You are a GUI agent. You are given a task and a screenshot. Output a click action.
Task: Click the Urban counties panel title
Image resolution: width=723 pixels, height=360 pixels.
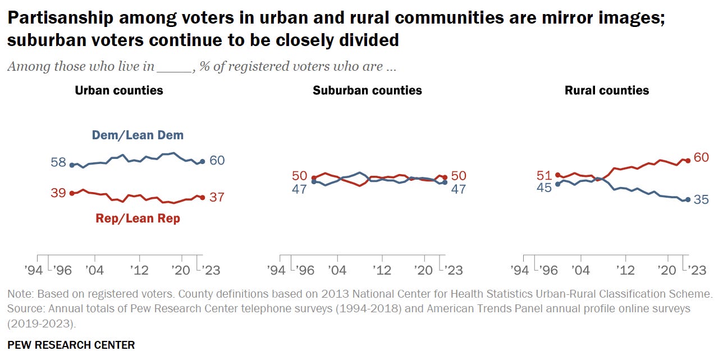coord(119,90)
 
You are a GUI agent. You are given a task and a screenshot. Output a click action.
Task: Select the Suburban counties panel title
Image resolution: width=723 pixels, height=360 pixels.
coord(367,90)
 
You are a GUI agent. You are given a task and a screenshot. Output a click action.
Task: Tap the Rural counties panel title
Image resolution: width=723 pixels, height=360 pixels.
coord(606,90)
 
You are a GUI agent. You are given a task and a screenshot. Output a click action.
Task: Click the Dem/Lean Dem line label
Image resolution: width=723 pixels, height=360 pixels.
coord(138,135)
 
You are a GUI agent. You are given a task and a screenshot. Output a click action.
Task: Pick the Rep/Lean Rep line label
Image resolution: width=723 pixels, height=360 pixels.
coord(138,218)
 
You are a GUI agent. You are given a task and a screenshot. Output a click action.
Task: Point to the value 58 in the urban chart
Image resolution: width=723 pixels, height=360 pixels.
coord(58,163)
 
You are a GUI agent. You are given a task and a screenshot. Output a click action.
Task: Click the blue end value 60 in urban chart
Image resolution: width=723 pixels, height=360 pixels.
coord(217,161)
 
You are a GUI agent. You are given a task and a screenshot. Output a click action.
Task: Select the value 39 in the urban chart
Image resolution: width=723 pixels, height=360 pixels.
coord(58,193)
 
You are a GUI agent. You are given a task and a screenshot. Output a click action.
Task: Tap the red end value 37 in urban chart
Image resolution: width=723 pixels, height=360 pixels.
coord(217,197)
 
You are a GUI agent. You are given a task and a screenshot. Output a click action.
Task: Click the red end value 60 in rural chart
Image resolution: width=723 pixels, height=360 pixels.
coord(701,157)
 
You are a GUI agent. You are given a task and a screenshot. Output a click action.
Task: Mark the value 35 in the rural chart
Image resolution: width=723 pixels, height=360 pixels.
coord(701,199)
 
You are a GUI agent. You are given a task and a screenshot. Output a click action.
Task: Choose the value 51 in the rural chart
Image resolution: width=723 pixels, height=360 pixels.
coord(544,176)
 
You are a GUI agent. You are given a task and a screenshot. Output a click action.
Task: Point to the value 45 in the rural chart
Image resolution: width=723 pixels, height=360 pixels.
coord(543,188)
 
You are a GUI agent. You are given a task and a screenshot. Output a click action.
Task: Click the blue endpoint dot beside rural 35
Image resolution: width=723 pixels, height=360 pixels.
coord(688,200)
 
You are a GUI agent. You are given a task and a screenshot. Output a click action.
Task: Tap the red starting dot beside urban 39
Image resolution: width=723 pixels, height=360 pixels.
coord(71,193)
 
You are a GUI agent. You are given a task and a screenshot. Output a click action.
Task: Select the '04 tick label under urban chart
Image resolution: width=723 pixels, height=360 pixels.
coord(95,270)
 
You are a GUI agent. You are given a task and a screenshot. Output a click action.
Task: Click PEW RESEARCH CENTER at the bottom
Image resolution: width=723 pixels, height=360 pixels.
coord(71,345)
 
